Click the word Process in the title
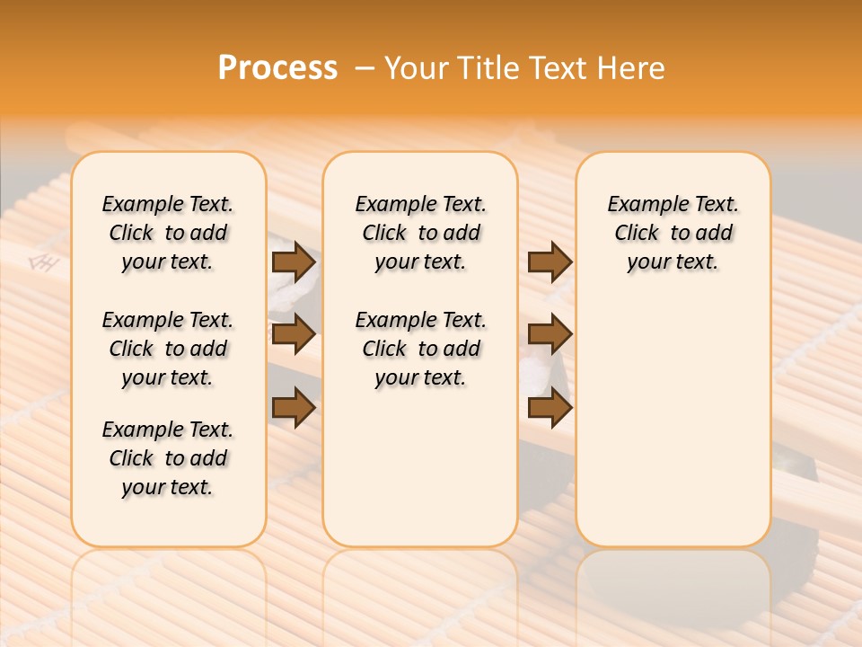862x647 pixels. pyautogui.click(x=277, y=68)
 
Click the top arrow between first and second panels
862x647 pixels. pyautogui.click(x=293, y=262)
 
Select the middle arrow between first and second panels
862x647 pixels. pyautogui.click(x=293, y=335)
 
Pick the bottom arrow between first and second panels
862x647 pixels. pyautogui.click(x=293, y=408)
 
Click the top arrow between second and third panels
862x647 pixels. pyautogui.click(x=550, y=262)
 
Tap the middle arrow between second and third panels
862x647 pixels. pyautogui.click(x=550, y=335)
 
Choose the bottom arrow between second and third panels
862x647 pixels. pyautogui.click(x=550, y=408)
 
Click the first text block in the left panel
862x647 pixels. pyautogui.click(x=168, y=233)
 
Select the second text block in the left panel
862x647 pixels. pyautogui.click(x=168, y=349)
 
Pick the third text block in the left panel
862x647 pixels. pyautogui.click(x=168, y=458)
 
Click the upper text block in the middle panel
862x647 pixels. pyautogui.click(x=420, y=233)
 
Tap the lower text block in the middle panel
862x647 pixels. pyautogui.click(x=420, y=349)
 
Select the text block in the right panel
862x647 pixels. pyautogui.click(x=673, y=233)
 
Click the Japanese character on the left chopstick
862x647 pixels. pyautogui.click(x=40, y=262)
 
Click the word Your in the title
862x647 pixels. pyautogui.click(x=415, y=68)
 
